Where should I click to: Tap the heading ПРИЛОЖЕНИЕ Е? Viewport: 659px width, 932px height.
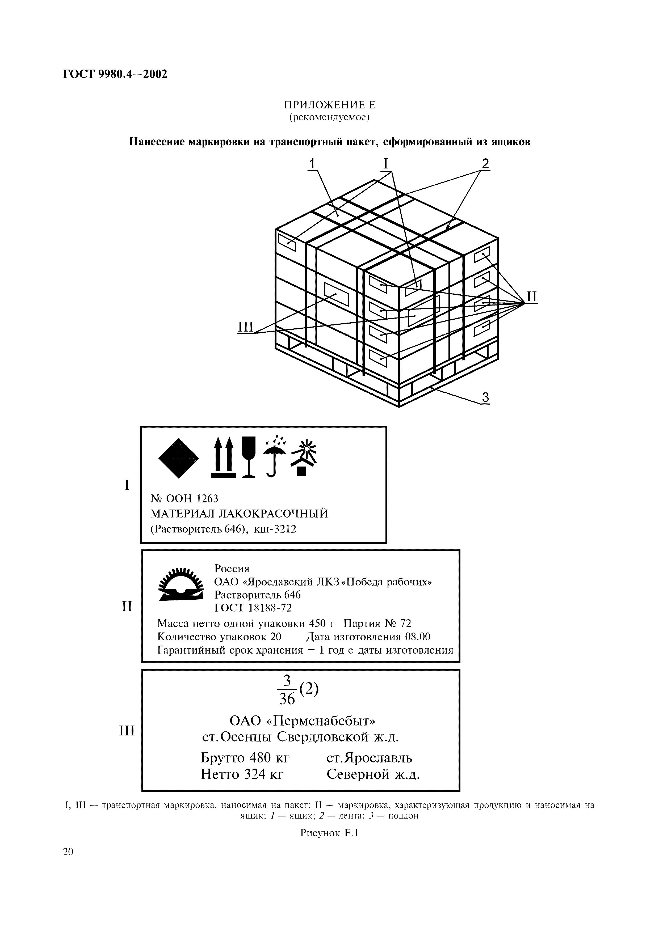pyautogui.click(x=329, y=105)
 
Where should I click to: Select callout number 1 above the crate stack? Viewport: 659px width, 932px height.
pyautogui.click(x=312, y=164)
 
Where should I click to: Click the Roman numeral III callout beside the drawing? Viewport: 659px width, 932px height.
pyautogui.click(x=245, y=327)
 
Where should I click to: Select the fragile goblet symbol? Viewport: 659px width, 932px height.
pyautogui.click(x=249, y=457)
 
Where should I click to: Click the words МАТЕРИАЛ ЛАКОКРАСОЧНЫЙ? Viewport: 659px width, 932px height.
pyautogui.click(x=239, y=514)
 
